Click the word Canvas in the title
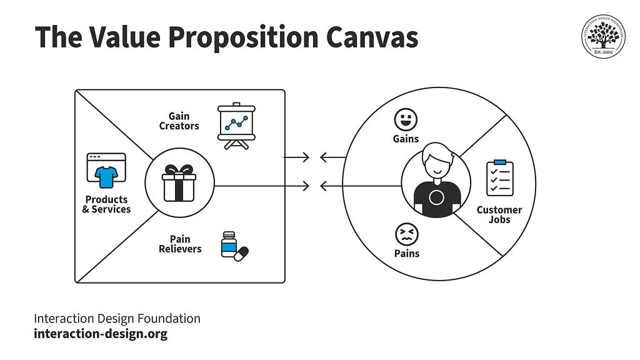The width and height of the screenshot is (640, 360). [372, 37]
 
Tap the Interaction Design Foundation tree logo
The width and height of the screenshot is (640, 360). [603, 36]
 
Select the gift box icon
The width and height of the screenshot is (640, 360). [179, 183]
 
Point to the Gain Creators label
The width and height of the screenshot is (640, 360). [179, 121]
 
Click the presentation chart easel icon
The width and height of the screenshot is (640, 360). [236, 126]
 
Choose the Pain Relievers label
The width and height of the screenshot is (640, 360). [180, 244]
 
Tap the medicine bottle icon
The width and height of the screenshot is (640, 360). [229, 244]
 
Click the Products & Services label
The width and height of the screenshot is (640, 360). [106, 204]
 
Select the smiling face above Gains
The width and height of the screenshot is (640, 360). [406, 119]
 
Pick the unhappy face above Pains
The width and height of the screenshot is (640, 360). [406, 234]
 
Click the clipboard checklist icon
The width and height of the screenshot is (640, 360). [500, 177]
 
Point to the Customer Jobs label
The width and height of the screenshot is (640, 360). [499, 215]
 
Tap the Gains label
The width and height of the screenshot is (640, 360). [406, 139]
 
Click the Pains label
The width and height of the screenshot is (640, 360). [407, 254]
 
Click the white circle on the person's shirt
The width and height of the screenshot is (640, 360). [436, 197]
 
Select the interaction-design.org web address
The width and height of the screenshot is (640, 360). [101, 334]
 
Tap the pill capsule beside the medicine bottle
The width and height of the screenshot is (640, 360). [241, 254]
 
